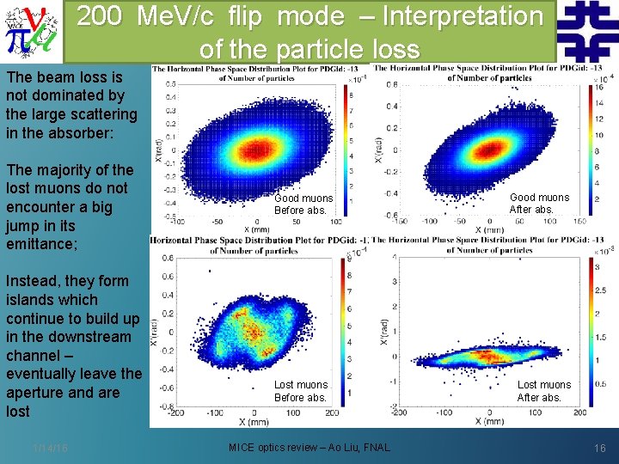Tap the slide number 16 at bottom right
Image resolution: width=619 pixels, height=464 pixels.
coord(598,448)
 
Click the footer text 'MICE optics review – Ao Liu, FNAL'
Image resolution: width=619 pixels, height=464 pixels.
coord(309,448)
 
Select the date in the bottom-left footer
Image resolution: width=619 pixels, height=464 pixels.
coord(51,448)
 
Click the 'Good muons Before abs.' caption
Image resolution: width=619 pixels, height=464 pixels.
coord(302,205)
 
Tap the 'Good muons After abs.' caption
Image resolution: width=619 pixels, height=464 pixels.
coord(539,204)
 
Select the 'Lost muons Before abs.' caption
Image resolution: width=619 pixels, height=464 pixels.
coord(300,391)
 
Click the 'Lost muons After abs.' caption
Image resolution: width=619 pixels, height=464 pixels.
coord(543,391)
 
